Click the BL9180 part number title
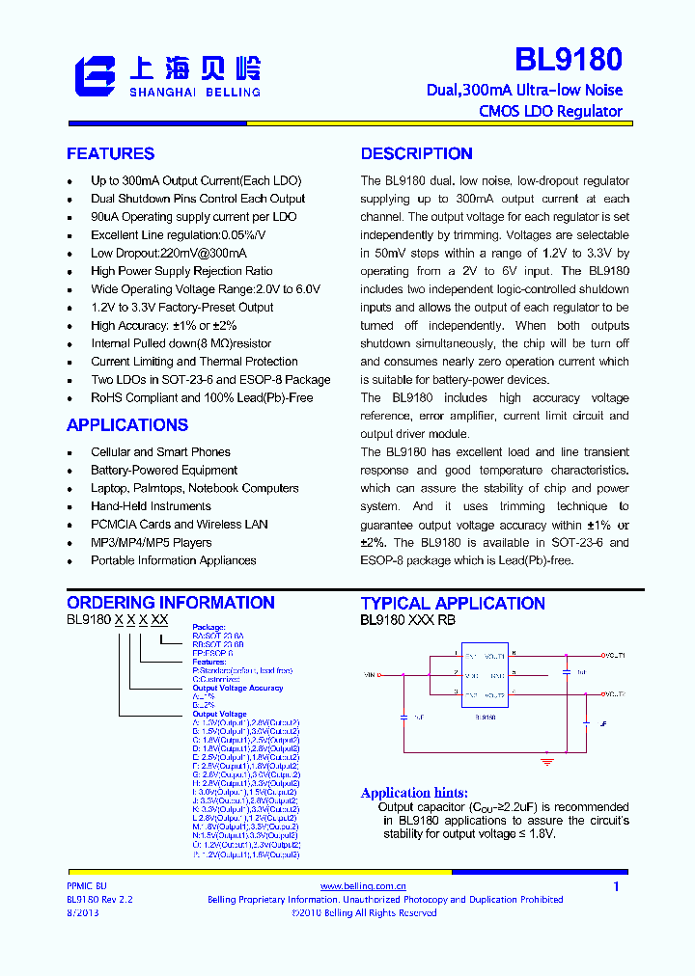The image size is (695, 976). point(568,60)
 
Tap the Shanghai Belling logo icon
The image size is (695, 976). point(95,76)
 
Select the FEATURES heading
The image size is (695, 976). point(110,154)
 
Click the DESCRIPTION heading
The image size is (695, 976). point(416,154)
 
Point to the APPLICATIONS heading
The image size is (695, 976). point(126,425)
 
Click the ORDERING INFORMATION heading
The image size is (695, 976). point(170,603)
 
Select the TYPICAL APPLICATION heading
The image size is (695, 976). point(453,604)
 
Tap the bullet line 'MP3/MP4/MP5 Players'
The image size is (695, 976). point(151,543)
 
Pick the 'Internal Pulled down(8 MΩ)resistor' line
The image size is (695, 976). point(181,343)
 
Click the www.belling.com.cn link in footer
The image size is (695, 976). point(363,885)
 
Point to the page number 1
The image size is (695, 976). point(616,886)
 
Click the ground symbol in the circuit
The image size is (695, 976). point(547,761)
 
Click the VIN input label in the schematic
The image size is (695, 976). point(372,674)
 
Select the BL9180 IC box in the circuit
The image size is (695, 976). point(485,675)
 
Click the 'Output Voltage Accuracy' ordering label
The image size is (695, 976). point(237,688)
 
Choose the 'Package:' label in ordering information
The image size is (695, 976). point(208,627)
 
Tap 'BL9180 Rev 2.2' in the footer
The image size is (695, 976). point(99,899)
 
